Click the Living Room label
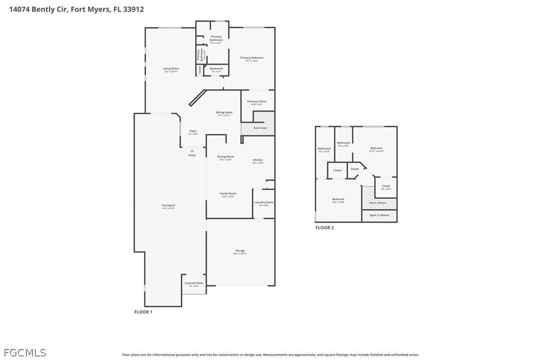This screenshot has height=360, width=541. pos(171,69)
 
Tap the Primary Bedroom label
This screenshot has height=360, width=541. pos(252,58)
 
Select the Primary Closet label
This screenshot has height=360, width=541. pos(257,102)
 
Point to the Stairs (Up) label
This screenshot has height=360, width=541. pos(260,128)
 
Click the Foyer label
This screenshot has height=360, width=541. pos(192,131)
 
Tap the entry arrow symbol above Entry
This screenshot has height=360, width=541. pos(192,150)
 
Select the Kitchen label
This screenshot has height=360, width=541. pos(258,160)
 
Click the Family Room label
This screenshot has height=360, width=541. pos(228,194)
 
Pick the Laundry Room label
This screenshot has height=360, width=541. pos(264,202)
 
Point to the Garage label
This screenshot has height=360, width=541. pos(240,250)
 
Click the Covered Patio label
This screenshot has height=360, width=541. pos(194,283)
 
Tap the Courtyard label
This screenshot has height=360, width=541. pos(168,206)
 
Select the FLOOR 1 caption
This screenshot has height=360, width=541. pos(143,312)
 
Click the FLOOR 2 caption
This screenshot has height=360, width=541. pos(325,228)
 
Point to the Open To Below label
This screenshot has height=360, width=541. pos(379,215)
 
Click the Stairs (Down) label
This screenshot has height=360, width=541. pos(378,203)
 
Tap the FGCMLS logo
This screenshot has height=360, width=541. pos(23,353)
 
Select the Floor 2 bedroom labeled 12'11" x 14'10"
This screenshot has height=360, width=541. pos(376,148)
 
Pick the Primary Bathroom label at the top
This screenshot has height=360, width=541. pos(216,38)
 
